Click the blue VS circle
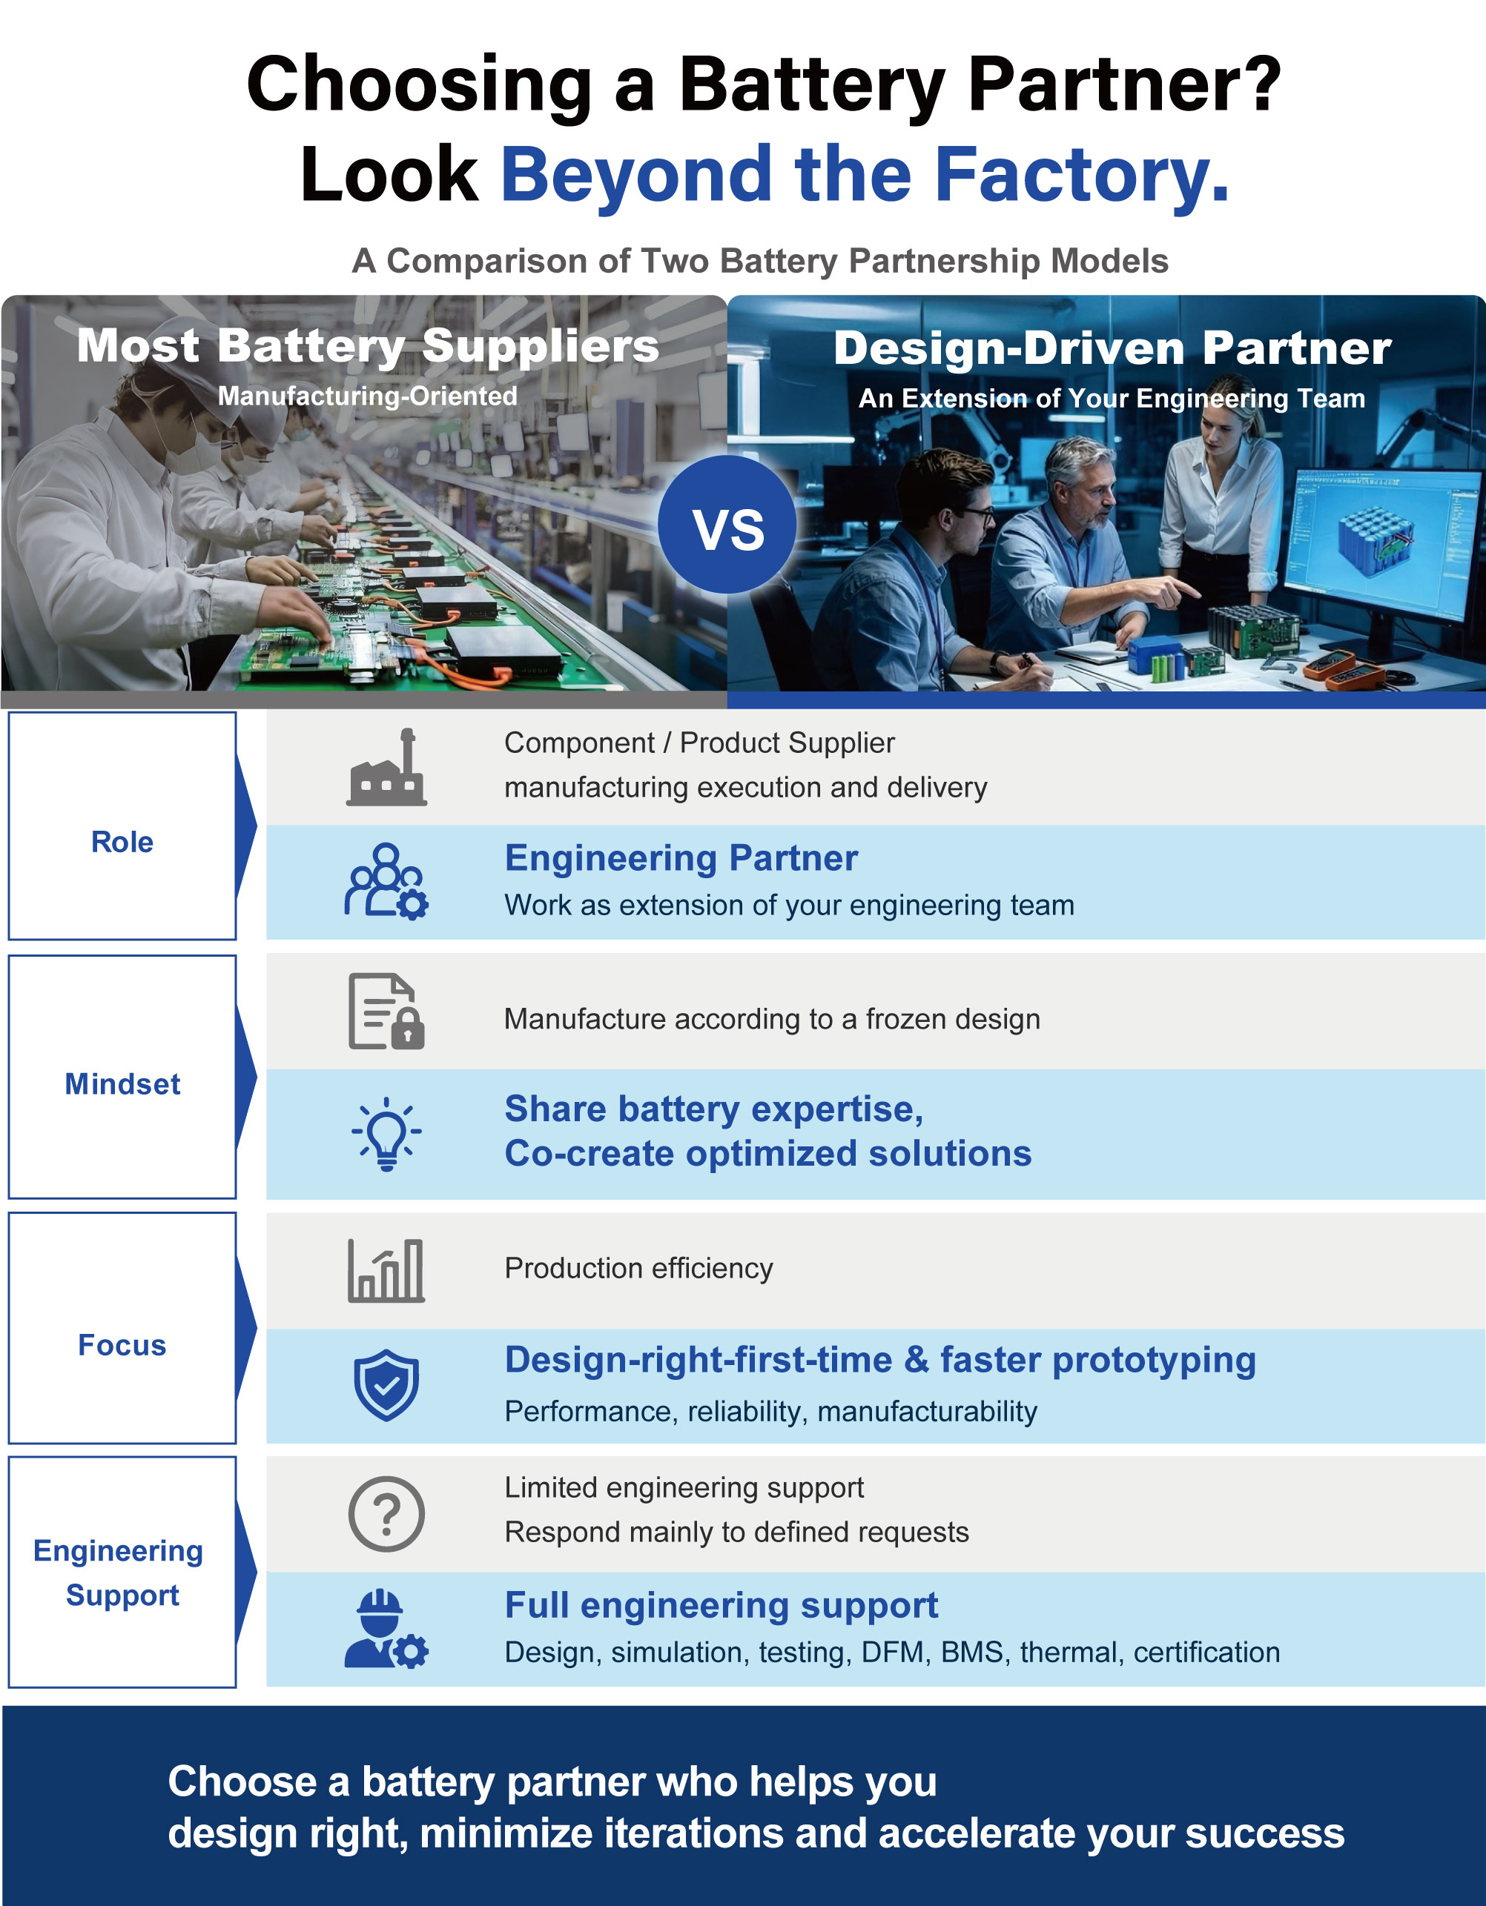727,525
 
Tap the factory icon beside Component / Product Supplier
387,767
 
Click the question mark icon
387,1514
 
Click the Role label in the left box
122,842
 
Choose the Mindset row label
122,1084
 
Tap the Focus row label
122,1345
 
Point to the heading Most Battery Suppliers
368,345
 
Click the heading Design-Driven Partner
1112,348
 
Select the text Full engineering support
721,1606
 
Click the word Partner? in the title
1125,84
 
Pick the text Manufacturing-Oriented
368,396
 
